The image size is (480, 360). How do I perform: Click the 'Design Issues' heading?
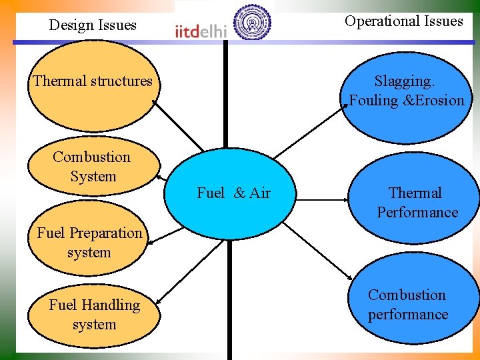coord(93,25)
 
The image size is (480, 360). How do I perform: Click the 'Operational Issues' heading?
coord(403,21)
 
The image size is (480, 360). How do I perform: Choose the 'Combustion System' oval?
coord(93,167)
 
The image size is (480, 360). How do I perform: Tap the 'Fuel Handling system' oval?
coord(94,315)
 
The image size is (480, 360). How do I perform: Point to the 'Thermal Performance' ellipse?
coord(417,203)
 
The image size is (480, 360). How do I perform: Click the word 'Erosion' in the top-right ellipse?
coord(441,101)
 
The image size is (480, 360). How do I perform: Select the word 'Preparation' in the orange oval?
coord(105,233)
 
